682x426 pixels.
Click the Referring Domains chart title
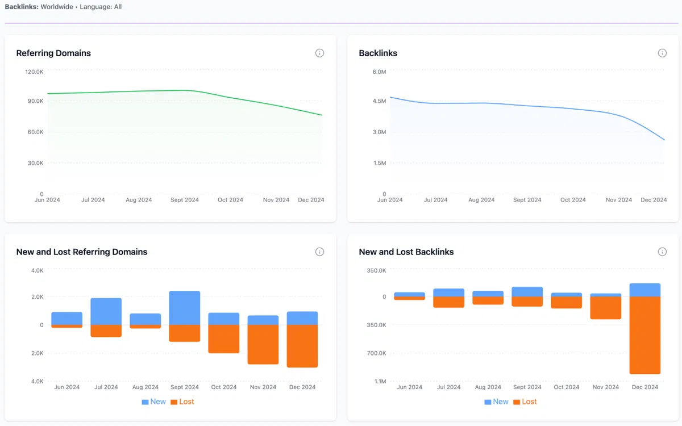(x=53, y=53)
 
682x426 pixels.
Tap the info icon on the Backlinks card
(x=662, y=53)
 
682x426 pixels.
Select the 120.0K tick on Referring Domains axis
(x=34, y=72)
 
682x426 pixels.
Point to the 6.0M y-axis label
(x=379, y=72)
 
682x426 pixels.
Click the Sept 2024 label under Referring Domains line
(x=185, y=200)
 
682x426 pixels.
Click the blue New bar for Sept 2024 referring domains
(x=185, y=308)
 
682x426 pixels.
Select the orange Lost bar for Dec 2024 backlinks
(x=645, y=335)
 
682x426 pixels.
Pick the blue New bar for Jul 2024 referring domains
(x=106, y=311)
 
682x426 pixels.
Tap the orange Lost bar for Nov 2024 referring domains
(x=263, y=344)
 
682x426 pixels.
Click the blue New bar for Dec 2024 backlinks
(x=645, y=290)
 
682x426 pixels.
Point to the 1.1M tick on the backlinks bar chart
(x=379, y=381)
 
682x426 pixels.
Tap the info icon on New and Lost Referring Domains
(x=319, y=252)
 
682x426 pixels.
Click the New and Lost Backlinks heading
(x=406, y=252)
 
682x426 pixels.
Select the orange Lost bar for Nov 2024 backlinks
(x=606, y=308)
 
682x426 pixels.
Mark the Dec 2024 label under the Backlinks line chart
(x=654, y=200)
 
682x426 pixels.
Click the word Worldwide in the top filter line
(x=56, y=7)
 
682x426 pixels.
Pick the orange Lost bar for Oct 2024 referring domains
(x=224, y=339)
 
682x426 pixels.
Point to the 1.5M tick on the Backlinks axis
(x=379, y=163)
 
